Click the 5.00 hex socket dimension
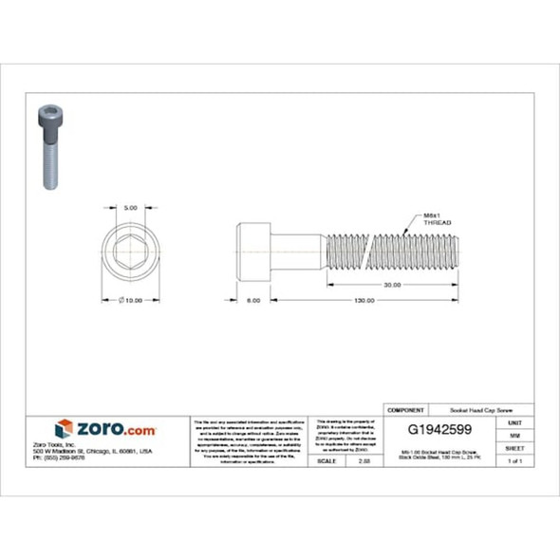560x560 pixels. pyautogui.click(x=131, y=207)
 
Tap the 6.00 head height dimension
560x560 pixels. pyautogui.click(x=253, y=300)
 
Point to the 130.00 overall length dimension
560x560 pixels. pyautogui.click(x=364, y=300)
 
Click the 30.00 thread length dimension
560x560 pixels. pyautogui.click(x=390, y=284)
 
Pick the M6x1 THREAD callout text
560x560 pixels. pyautogui.click(x=437, y=218)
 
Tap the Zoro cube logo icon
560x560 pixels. pyautogui.click(x=64, y=429)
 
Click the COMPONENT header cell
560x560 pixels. pyautogui.click(x=405, y=409)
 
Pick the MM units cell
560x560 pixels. pyautogui.click(x=514, y=434)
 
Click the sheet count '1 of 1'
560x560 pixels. pyautogui.click(x=514, y=460)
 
